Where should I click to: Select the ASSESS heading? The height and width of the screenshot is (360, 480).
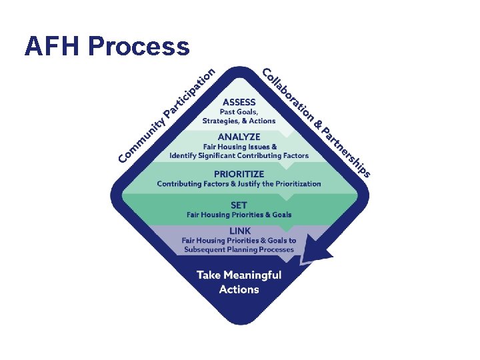[x=239, y=103]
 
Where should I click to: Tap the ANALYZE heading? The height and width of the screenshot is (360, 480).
[x=239, y=137]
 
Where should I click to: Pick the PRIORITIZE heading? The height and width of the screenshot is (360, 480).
[x=239, y=174]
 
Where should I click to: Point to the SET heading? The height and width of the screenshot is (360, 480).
[x=239, y=205]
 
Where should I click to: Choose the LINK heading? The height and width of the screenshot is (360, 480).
[x=239, y=231]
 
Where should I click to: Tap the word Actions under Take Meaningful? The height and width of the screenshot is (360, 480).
[x=239, y=289]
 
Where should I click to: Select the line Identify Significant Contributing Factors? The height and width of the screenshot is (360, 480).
[x=239, y=155]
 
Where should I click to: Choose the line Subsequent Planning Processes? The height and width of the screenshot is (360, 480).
[x=239, y=249]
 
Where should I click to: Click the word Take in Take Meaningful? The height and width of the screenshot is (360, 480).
[x=209, y=275]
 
